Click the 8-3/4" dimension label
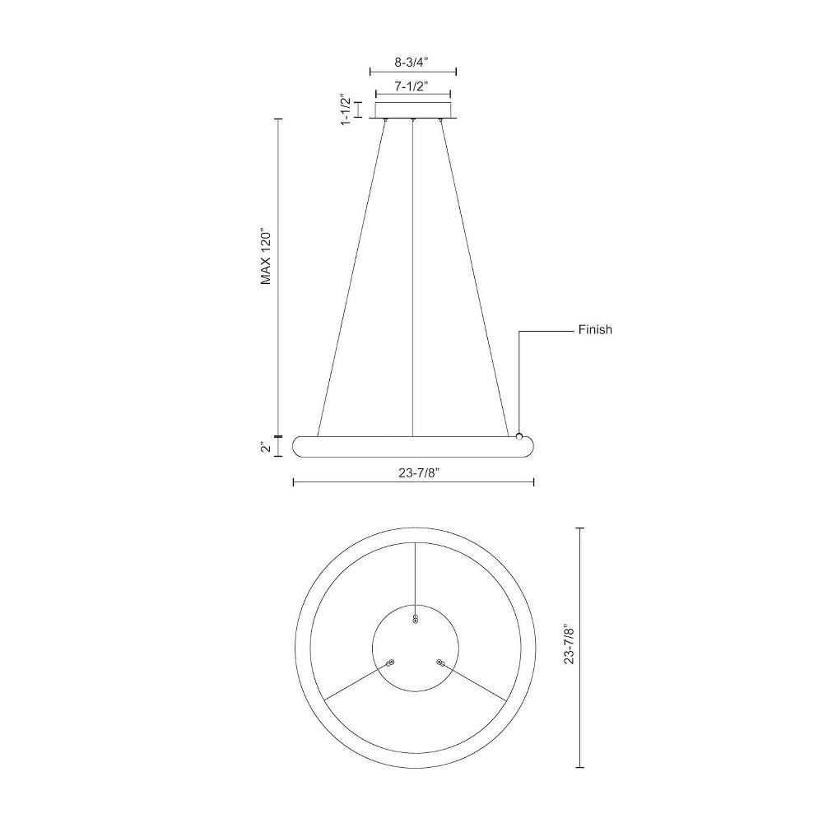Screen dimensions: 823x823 [412, 62]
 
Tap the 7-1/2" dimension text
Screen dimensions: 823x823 [412, 86]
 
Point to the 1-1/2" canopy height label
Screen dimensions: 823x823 [346, 109]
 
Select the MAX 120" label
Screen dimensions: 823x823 [266, 256]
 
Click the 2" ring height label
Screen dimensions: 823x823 [267, 447]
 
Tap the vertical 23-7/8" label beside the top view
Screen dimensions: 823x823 [570, 644]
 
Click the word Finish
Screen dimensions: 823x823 [595, 330]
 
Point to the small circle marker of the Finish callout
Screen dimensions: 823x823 [519, 436]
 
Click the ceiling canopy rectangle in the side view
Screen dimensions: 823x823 [413, 109]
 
